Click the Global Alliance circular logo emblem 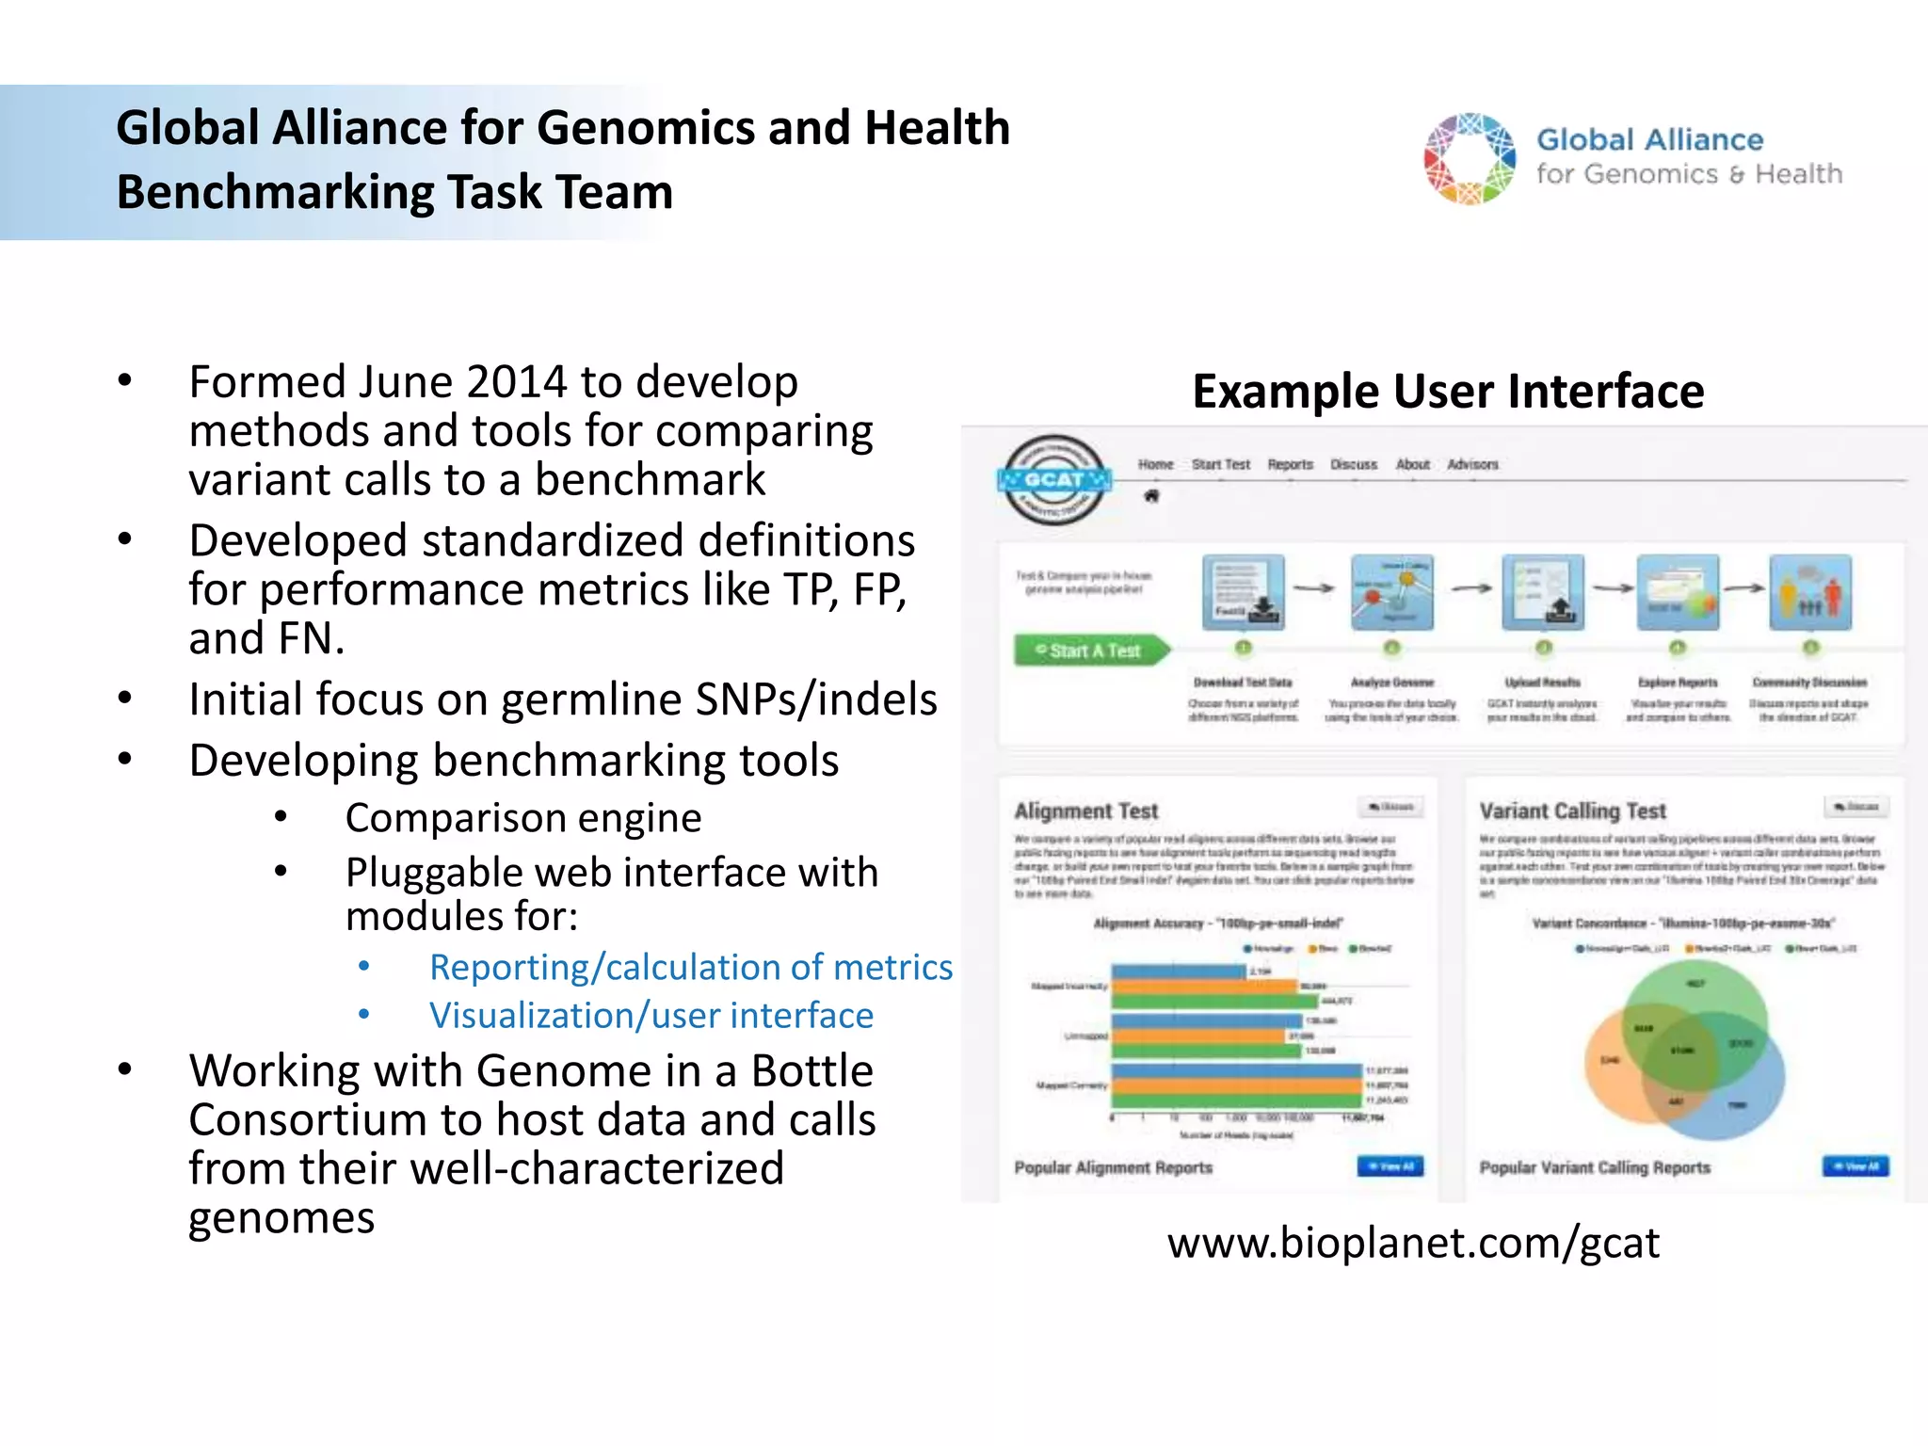click(x=1470, y=158)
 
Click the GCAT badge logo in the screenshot click(x=1053, y=480)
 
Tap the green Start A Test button click(x=1090, y=651)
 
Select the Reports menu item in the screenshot click(x=1290, y=464)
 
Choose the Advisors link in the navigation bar click(x=1472, y=464)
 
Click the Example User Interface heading click(x=1447, y=391)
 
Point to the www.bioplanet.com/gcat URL click(x=1413, y=1243)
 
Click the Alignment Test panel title click(x=1085, y=811)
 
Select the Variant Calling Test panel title click(x=1572, y=811)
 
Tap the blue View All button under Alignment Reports click(x=1390, y=1166)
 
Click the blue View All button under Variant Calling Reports click(x=1855, y=1166)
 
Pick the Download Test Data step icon click(x=1243, y=592)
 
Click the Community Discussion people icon click(x=1809, y=592)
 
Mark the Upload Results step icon click(x=1542, y=592)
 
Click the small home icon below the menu click(x=1151, y=496)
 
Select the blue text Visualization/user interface click(x=651, y=1015)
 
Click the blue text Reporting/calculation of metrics click(x=690, y=967)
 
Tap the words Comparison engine click(x=523, y=818)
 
